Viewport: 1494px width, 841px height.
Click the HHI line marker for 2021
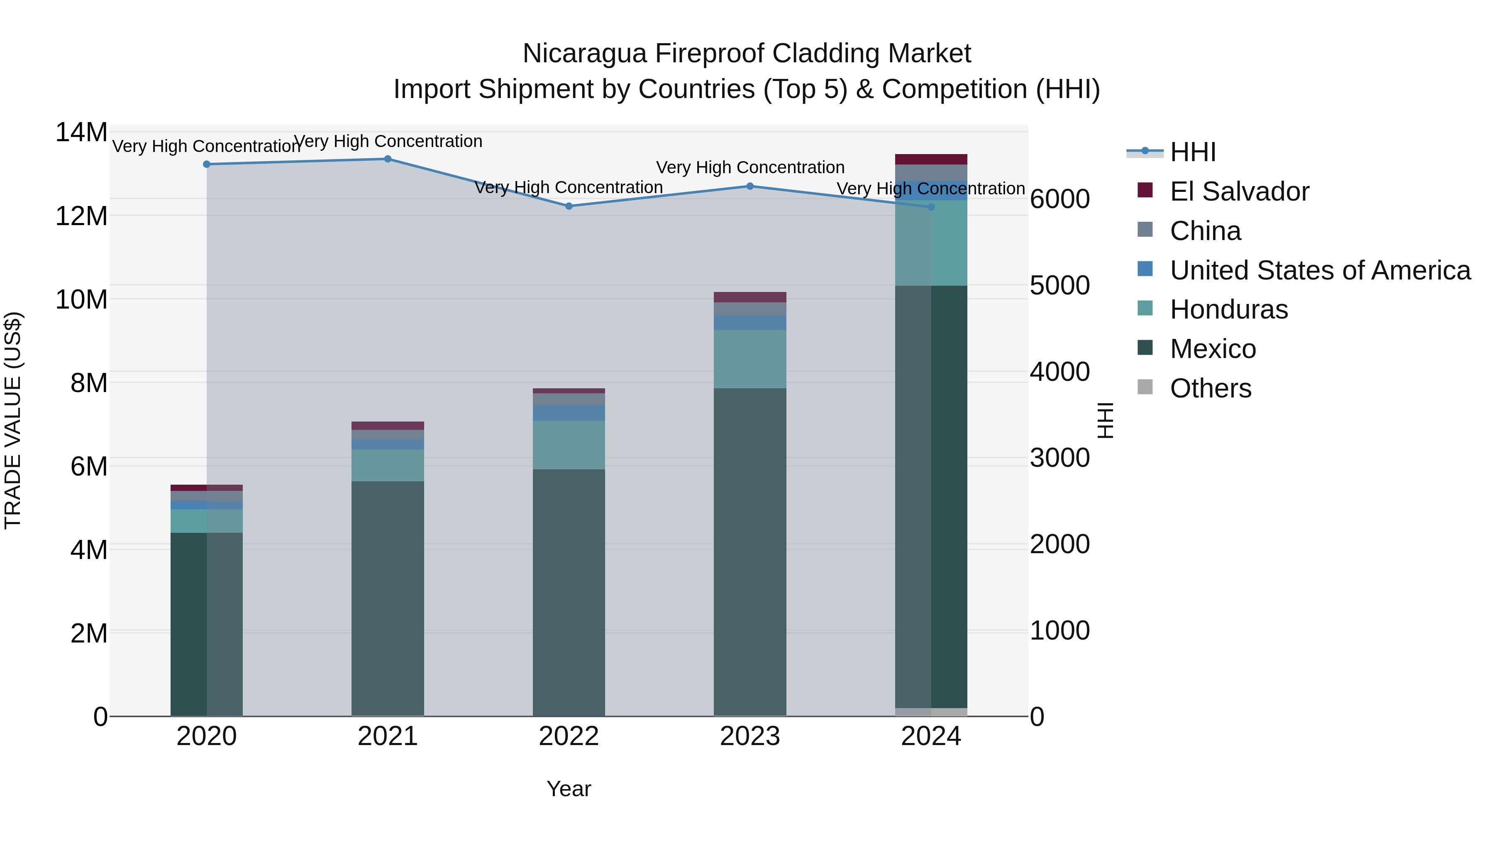(388, 159)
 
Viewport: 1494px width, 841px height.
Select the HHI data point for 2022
(569, 206)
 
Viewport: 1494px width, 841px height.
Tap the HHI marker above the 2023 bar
(749, 186)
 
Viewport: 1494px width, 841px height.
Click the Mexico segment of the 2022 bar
(569, 592)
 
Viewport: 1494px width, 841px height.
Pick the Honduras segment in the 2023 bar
(749, 359)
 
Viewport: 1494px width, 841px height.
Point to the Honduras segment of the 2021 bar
(388, 466)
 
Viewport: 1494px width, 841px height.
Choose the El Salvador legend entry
(1239, 191)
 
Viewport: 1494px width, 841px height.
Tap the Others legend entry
(1211, 388)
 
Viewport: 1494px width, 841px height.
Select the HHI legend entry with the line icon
(1192, 152)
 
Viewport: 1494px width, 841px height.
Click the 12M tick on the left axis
(81, 216)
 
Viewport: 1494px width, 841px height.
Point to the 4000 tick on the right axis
(1059, 372)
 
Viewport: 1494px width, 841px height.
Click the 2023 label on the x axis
(749, 736)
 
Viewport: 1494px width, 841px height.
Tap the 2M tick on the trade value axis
(88, 633)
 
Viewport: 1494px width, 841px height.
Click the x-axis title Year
(569, 789)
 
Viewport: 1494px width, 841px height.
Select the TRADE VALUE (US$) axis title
(13, 420)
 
